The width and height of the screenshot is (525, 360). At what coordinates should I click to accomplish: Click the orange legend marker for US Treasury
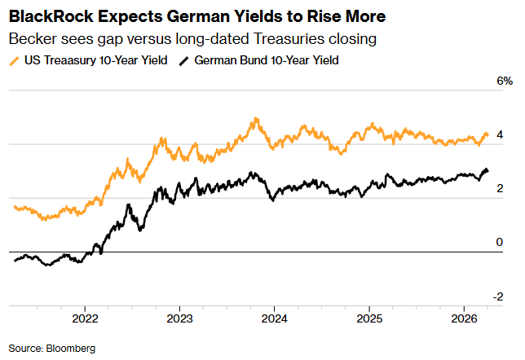[x=14, y=60]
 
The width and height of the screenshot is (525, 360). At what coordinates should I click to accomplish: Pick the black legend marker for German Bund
[x=184, y=60]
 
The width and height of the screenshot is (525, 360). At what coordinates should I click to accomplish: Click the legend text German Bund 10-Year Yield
[x=266, y=60]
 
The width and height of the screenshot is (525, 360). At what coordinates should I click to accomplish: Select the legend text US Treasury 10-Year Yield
[x=92, y=60]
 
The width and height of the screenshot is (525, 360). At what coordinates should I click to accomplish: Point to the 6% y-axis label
[x=505, y=81]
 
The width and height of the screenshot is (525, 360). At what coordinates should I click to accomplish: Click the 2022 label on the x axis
[x=85, y=318]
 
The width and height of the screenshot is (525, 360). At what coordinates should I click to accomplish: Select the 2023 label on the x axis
[x=179, y=318]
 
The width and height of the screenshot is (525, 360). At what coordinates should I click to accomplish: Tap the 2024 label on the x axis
[x=274, y=318]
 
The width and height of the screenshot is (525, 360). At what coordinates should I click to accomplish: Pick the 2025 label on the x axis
[x=369, y=318]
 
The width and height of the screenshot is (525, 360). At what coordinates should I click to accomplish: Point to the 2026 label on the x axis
[x=464, y=318]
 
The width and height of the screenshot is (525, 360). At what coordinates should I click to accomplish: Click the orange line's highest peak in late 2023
[x=257, y=119]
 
